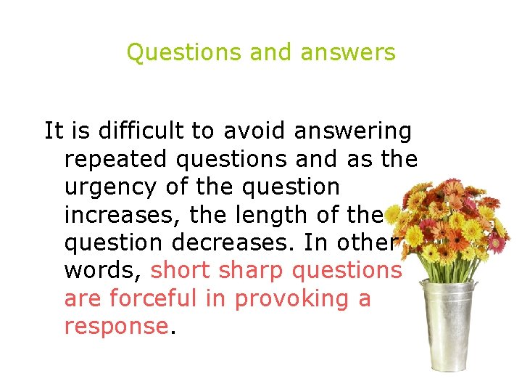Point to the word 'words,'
tap(104, 270)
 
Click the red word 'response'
tap(116, 327)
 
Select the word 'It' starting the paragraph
tap(53, 131)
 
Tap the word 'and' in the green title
tap(264, 53)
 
